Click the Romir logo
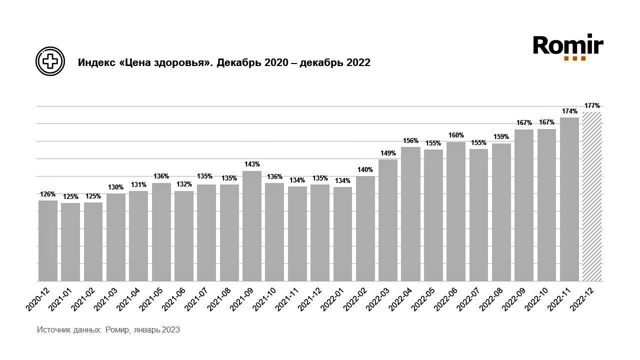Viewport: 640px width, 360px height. [568, 46]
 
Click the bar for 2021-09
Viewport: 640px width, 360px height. [252, 226]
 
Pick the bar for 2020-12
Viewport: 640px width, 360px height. [48, 240]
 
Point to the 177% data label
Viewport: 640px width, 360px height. [592, 105]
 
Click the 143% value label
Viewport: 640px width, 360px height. [252, 164]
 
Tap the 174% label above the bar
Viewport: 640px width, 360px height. [569, 111]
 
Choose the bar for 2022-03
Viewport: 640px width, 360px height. [388, 220]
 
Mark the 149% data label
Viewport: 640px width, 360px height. [388, 153]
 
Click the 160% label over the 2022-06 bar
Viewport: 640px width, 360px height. [456, 135]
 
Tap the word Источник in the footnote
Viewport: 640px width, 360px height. [53, 330]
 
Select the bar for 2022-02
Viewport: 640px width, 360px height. [365, 228]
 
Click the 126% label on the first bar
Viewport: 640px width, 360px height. [48, 194]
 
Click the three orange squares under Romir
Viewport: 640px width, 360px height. [574, 58]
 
